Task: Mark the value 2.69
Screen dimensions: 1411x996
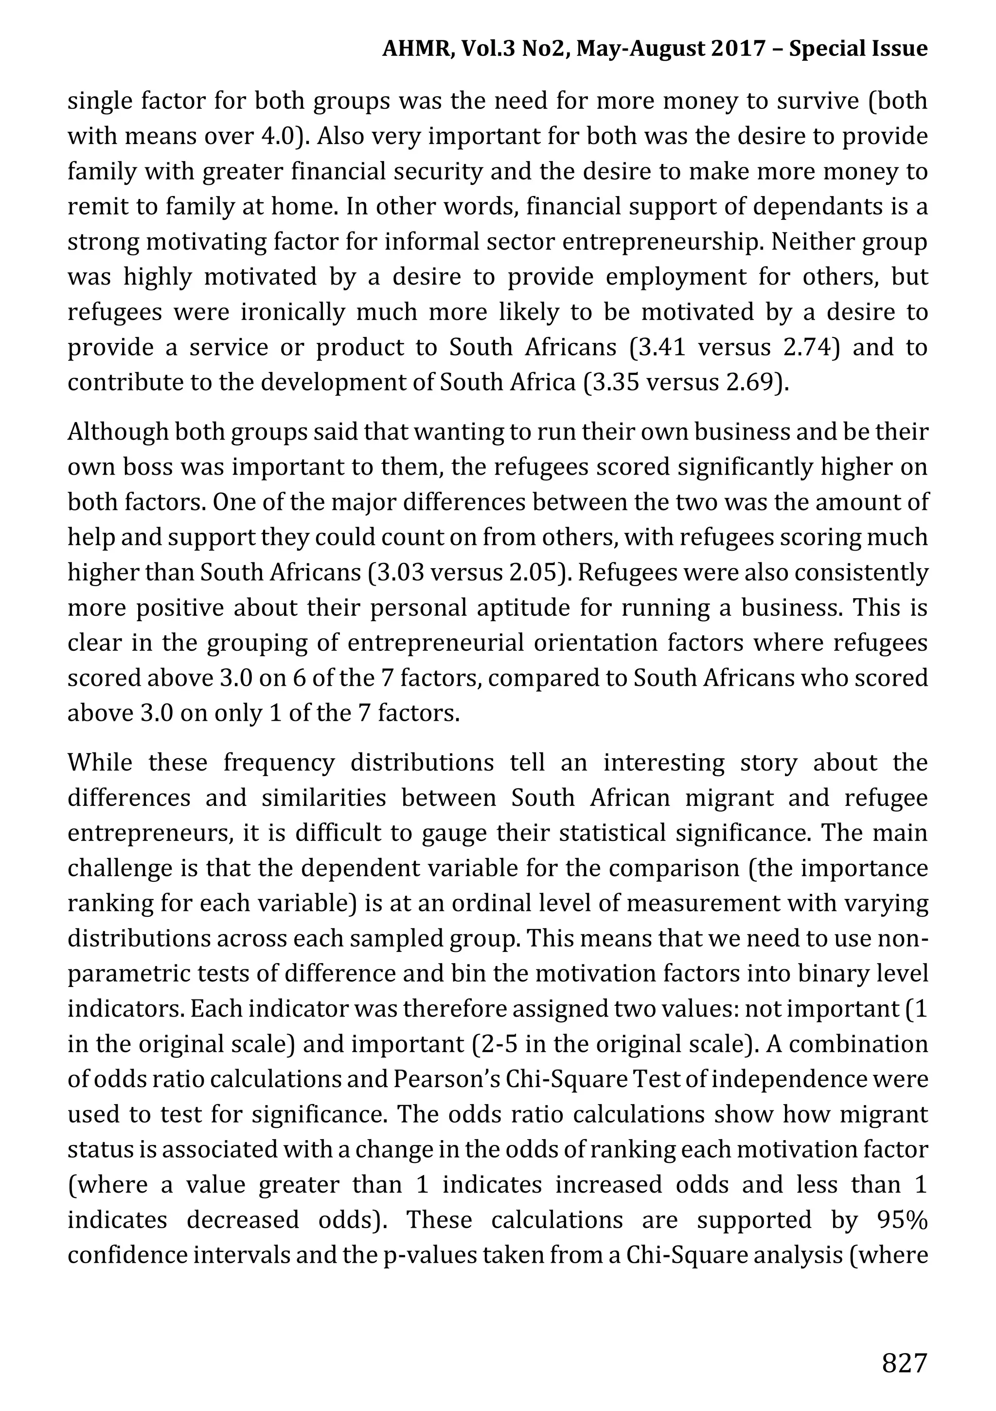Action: (x=753, y=382)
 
